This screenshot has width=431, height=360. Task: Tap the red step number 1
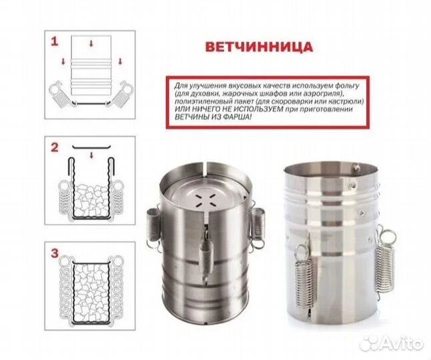point(54,41)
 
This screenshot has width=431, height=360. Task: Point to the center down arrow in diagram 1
point(91,42)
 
